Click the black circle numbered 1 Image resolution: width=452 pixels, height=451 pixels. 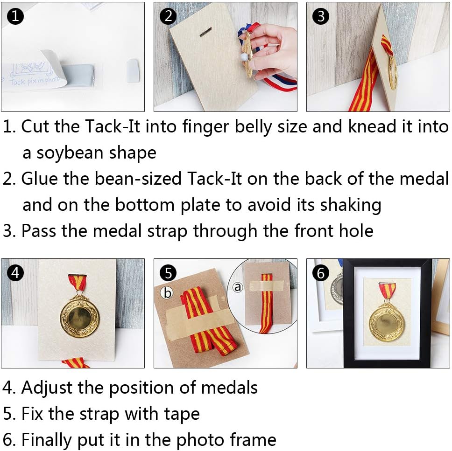click(x=15, y=16)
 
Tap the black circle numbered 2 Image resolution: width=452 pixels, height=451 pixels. click(x=168, y=16)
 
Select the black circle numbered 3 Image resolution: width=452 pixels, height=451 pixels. click(x=320, y=16)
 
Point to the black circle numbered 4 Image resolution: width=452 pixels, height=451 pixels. click(x=15, y=272)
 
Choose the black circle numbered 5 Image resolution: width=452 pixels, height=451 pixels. click(x=168, y=272)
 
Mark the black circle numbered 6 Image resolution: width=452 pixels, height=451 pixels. click(x=320, y=272)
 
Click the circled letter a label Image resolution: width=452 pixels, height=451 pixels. click(x=238, y=287)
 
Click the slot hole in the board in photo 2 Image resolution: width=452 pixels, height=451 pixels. click(x=205, y=32)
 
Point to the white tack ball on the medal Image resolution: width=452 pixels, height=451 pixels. click(x=244, y=57)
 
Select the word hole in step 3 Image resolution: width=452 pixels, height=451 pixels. click(x=356, y=231)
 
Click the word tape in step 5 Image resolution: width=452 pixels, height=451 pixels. click(x=182, y=414)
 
